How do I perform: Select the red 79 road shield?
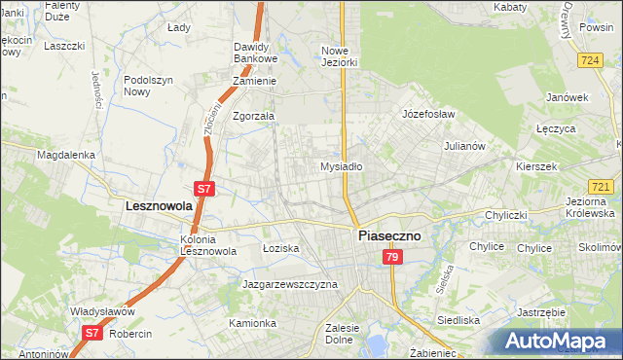[x=391, y=257]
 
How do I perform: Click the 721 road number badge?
[x=601, y=186]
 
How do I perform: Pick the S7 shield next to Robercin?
[x=92, y=333]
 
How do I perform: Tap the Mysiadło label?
[x=342, y=166]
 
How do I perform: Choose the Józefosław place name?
[x=429, y=114]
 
